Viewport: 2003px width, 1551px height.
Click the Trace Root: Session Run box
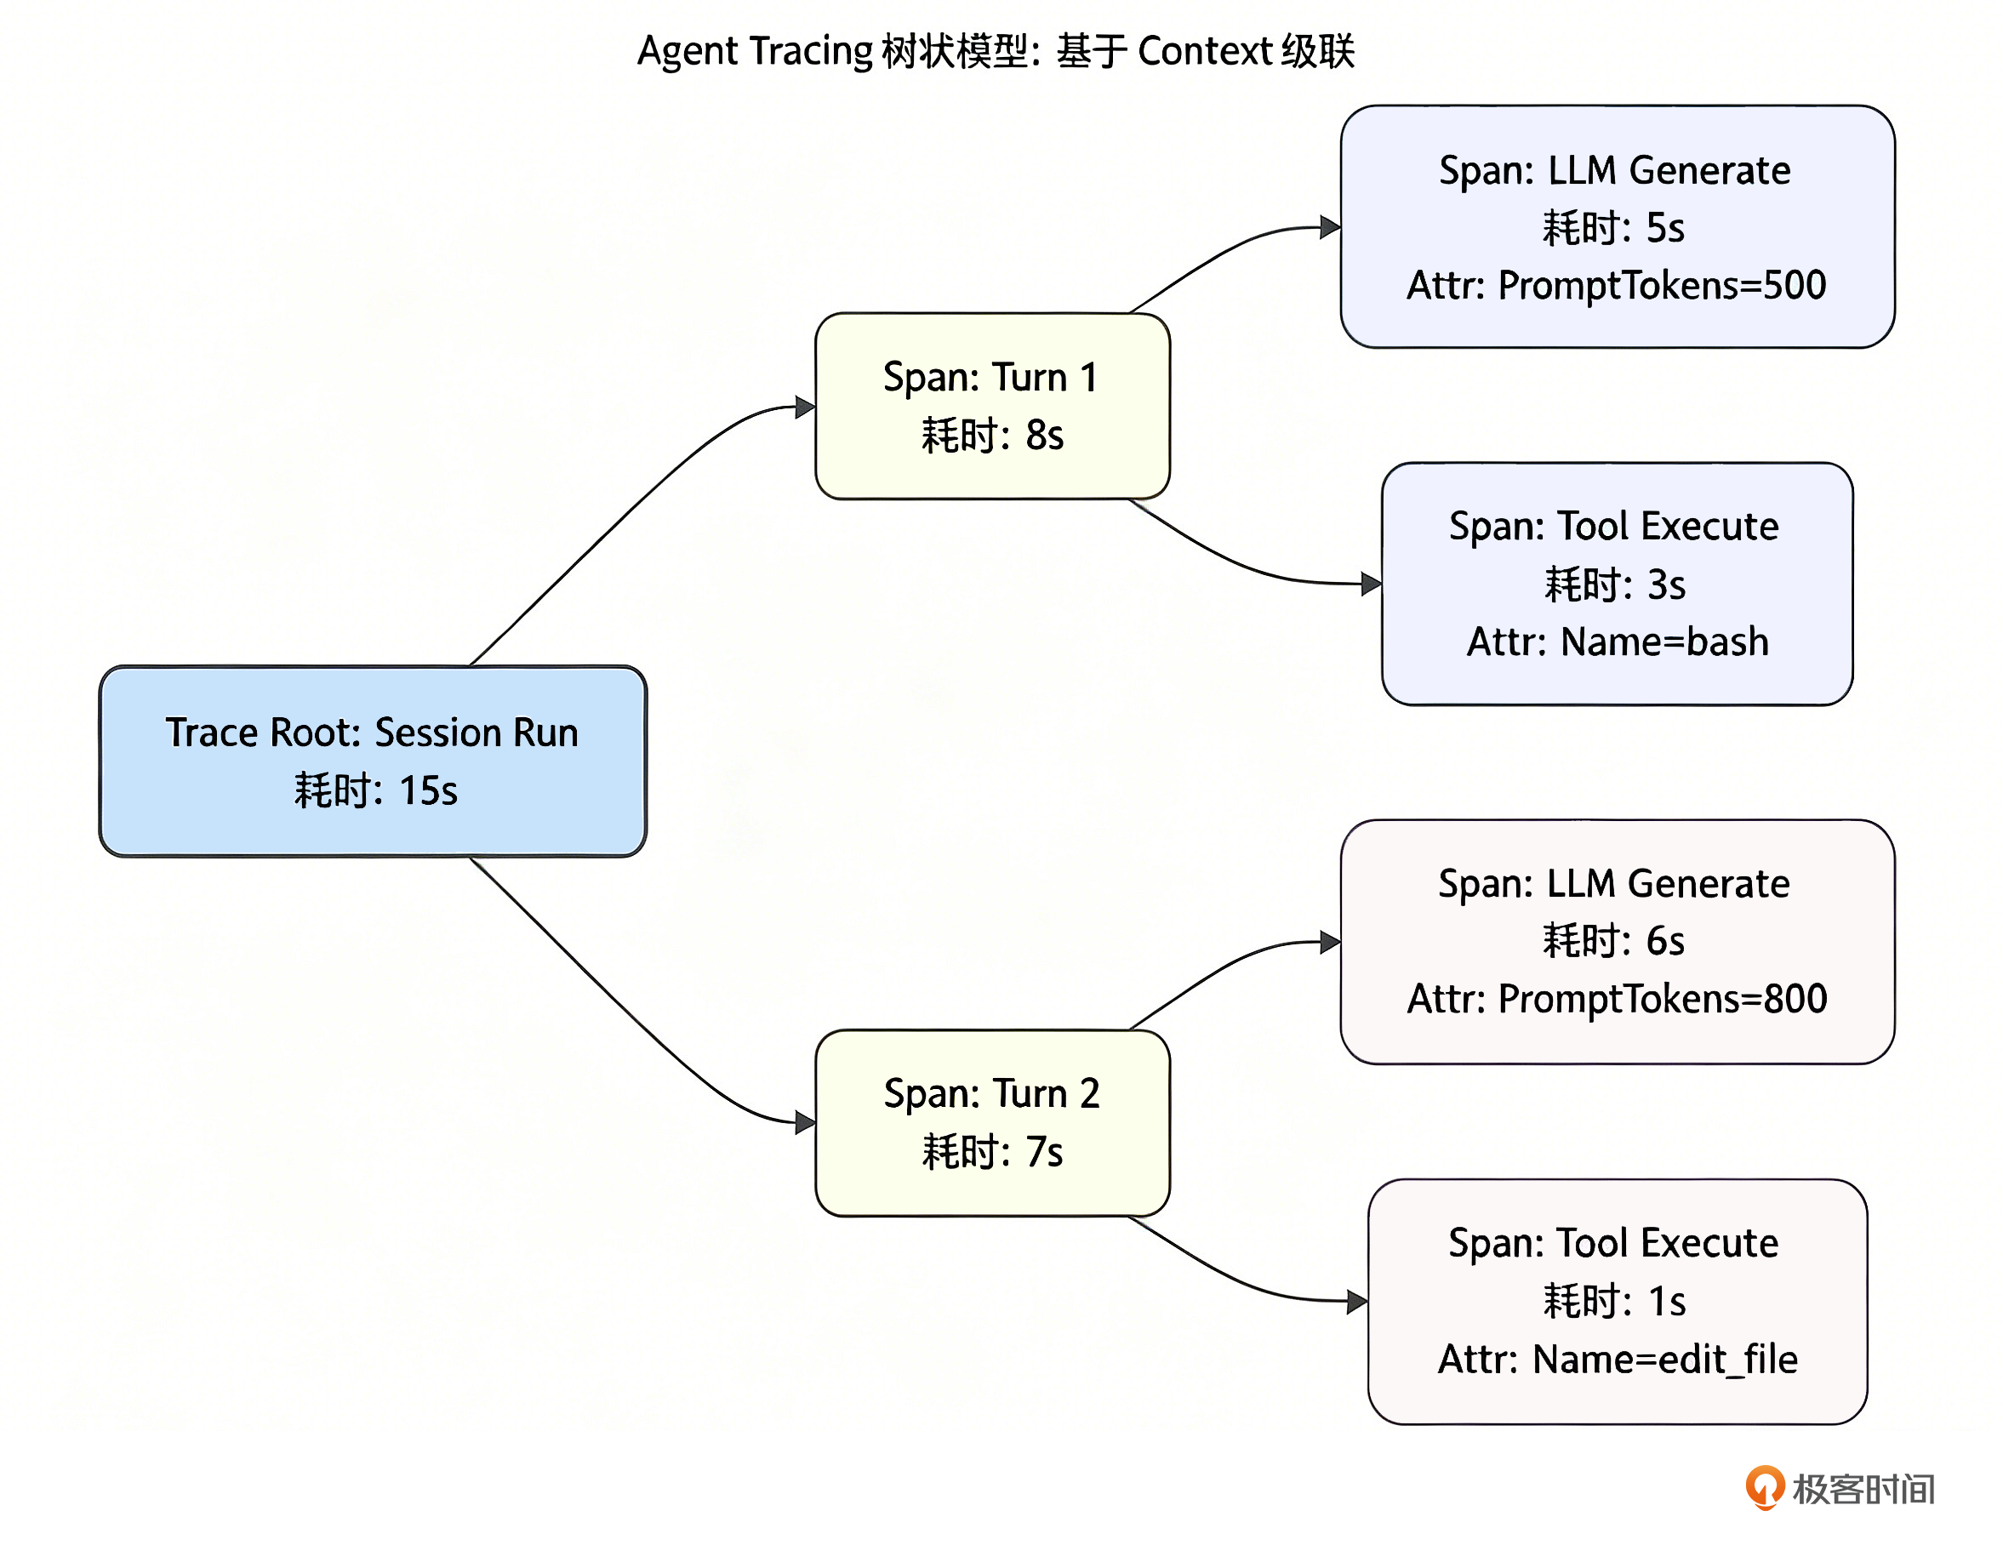tap(374, 762)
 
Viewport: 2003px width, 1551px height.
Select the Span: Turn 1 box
tap(992, 407)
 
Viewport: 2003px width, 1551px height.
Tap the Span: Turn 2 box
tap(992, 1124)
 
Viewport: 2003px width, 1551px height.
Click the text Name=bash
tap(1664, 642)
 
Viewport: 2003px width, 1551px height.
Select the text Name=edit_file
tap(1664, 1360)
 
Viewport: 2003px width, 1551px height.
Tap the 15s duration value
tap(428, 791)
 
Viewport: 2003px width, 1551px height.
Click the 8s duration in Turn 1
tap(1045, 436)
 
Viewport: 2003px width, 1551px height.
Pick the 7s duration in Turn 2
tap(1045, 1153)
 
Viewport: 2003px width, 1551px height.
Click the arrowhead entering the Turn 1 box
tap(805, 408)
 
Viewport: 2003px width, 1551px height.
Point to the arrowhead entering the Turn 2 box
tap(805, 1123)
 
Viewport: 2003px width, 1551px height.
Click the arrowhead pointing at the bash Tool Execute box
tap(1372, 584)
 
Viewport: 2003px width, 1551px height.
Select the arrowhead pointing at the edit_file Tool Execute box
tap(1358, 1302)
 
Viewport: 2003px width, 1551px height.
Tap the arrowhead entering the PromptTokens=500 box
tap(1331, 227)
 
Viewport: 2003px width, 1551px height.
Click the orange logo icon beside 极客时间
tap(1765, 1488)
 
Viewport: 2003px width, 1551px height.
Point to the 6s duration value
tap(1665, 942)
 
